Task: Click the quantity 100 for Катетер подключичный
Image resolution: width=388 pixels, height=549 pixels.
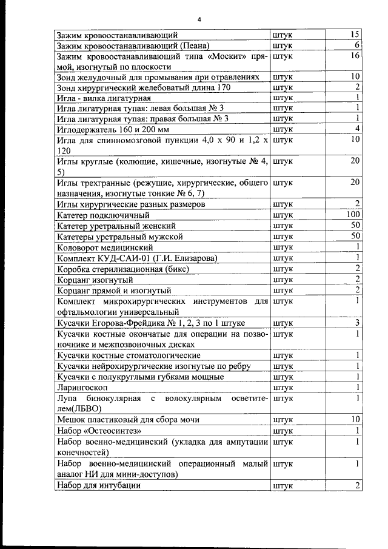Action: point(353,215)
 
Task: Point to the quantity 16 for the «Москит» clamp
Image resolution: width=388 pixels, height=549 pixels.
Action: point(355,56)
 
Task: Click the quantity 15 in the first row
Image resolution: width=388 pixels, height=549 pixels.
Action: point(355,34)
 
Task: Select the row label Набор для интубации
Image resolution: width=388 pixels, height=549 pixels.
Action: point(98,485)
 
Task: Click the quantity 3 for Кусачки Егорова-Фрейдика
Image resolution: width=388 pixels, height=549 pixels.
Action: point(358,322)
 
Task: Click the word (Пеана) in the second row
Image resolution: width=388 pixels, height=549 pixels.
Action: point(195,45)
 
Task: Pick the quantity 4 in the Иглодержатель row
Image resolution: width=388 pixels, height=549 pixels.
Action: point(358,129)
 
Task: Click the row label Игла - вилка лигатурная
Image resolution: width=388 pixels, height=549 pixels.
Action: point(103,98)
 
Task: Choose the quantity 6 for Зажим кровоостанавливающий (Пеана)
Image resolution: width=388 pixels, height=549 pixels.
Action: point(358,45)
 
